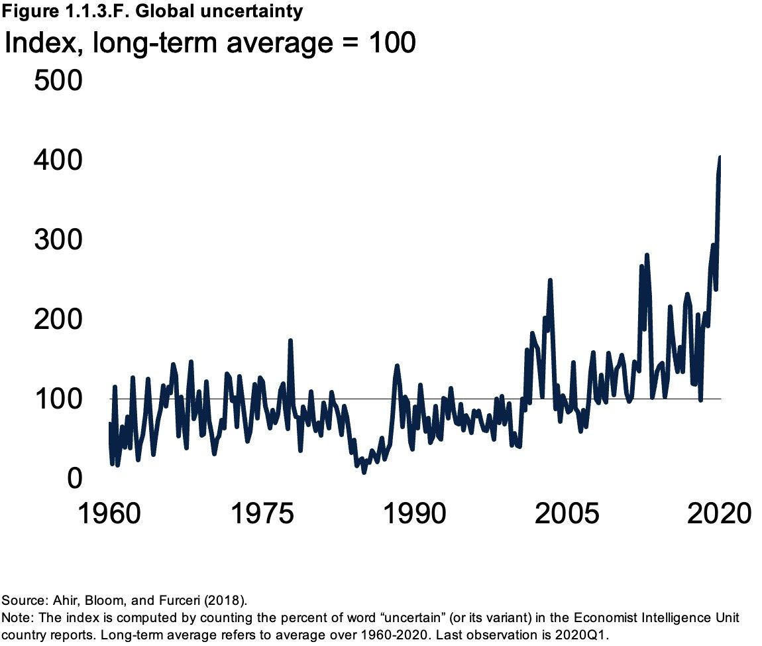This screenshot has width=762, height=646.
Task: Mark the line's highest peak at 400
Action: click(720, 157)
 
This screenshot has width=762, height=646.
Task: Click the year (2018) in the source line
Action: click(225, 601)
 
